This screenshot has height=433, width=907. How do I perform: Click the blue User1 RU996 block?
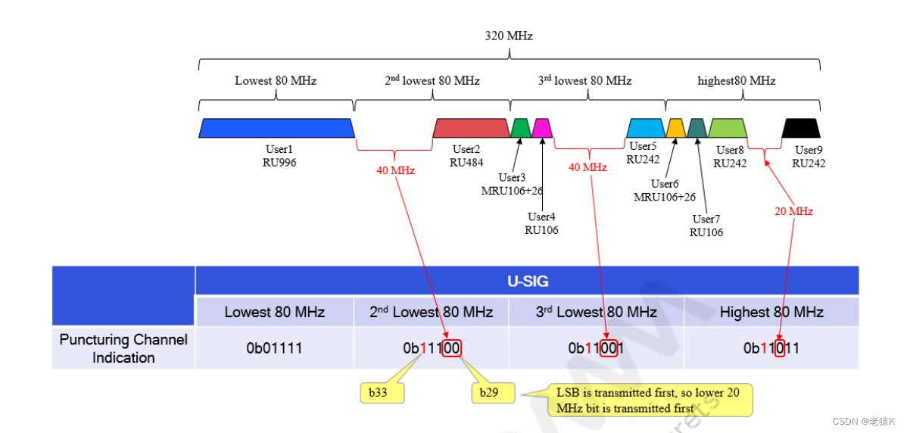point(276,128)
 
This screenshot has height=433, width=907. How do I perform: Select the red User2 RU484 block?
point(471,128)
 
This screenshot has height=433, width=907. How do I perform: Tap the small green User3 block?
point(521,128)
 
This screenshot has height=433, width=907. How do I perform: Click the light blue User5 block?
point(645,128)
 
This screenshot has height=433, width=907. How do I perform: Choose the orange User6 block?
point(675,128)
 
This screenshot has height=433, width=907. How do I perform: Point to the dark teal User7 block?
point(697,128)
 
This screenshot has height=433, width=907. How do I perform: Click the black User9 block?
point(802,128)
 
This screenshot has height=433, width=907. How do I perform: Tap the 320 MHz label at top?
point(509,35)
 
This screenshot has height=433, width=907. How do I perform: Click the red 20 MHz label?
point(793,211)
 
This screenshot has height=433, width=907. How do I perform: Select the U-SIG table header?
point(527,282)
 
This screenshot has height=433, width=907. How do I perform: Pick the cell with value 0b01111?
point(274,348)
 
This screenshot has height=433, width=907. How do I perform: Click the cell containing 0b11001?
point(596,348)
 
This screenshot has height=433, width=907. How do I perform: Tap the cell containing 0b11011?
point(771,348)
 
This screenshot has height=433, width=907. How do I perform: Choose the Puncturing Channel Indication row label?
point(123,348)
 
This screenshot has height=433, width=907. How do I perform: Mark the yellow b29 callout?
point(492,393)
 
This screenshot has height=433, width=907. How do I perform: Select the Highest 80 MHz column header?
point(771,312)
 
